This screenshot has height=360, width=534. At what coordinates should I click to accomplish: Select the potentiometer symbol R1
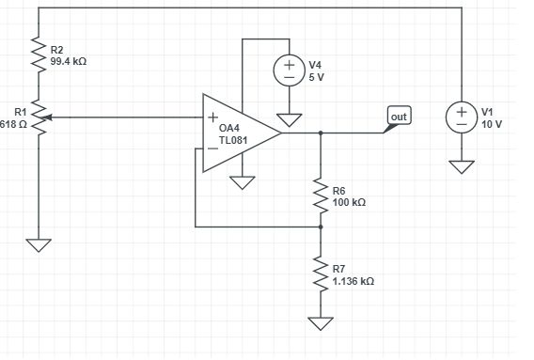pyautogui.click(x=39, y=118)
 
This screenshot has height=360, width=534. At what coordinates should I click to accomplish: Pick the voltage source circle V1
pyautogui.click(x=462, y=117)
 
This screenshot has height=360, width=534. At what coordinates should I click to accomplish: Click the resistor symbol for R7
pyautogui.click(x=321, y=274)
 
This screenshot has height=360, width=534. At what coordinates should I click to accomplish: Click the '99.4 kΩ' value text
pyautogui.click(x=69, y=59)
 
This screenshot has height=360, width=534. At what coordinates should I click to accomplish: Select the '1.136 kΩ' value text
pyautogui.click(x=353, y=280)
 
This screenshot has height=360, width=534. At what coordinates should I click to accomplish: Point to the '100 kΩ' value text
pyautogui.click(x=349, y=202)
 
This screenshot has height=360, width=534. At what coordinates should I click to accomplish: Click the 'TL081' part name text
pyautogui.click(x=232, y=140)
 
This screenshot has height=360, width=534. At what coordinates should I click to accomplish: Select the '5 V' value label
pyautogui.click(x=316, y=76)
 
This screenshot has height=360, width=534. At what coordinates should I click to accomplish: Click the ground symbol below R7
pyautogui.click(x=321, y=323)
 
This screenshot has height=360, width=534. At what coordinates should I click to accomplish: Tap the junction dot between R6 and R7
pyautogui.click(x=321, y=227)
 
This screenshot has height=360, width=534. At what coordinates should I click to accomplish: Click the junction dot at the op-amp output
pyautogui.click(x=321, y=133)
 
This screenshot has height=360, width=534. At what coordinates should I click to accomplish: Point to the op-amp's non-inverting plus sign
pyautogui.click(x=212, y=119)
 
